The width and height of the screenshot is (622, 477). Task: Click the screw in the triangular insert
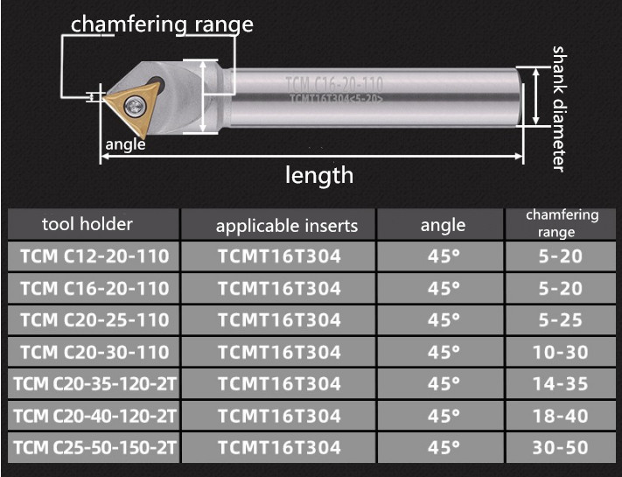pos(136,106)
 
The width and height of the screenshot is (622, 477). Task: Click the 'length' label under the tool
pos(319,175)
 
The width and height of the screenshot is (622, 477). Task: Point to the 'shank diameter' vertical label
pos(559,109)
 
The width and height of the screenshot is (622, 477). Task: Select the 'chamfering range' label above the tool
pos(162,25)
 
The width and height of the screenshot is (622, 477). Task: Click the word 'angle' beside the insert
pos(125,144)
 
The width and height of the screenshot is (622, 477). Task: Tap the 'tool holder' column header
pos(87,224)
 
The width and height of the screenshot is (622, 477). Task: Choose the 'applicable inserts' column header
pos(287,226)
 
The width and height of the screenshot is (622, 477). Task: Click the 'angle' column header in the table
pos(443,226)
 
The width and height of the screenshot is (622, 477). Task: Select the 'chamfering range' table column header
pos(562,223)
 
